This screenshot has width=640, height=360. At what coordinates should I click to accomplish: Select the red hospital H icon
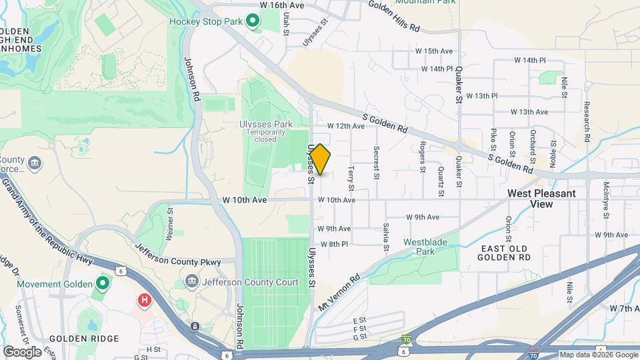point(143,301)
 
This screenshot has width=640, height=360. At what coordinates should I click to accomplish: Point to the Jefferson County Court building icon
point(193,282)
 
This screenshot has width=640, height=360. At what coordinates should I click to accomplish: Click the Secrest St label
point(377,163)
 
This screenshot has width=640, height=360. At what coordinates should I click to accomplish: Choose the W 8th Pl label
point(334,244)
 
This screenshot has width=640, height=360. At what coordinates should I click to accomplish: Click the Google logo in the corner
point(22,352)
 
